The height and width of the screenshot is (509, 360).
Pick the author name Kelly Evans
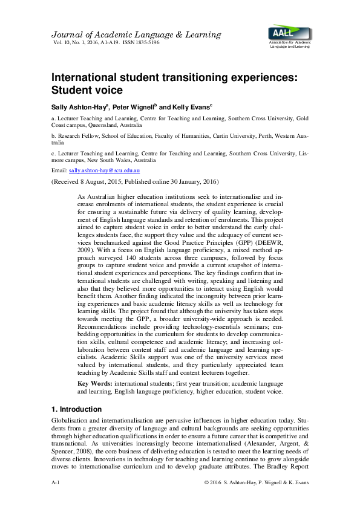click(189, 107)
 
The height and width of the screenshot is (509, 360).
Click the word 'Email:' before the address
click(61, 171)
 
